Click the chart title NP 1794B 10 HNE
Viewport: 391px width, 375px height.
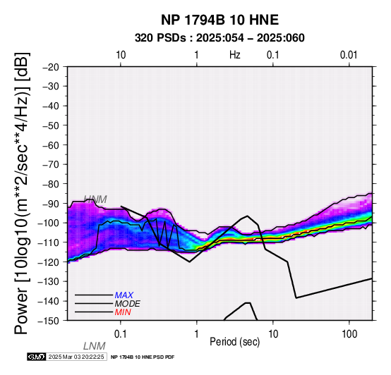(x=219, y=20)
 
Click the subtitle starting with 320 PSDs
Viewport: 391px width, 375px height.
(x=219, y=38)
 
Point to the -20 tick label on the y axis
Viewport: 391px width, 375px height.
(x=51, y=67)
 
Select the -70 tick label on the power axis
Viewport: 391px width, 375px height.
(x=51, y=164)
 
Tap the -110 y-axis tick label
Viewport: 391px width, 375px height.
(x=49, y=242)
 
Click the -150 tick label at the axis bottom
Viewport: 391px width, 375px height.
(x=49, y=321)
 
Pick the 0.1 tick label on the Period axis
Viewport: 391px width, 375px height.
(x=121, y=334)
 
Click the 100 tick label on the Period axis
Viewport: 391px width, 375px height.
(x=349, y=334)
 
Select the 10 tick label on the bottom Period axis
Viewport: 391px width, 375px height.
(x=273, y=334)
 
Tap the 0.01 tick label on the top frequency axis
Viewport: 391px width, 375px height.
(x=349, y=55)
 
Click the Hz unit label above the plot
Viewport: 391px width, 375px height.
(x=235, y=55)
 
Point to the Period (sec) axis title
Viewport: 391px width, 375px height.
(x=235, y=342)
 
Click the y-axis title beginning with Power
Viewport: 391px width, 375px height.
(x=22, y=193)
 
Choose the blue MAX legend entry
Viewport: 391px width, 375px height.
(x=124, y=295)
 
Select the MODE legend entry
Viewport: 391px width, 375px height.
(x=128, y=304)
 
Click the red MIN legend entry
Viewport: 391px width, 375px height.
(x=123, y=312)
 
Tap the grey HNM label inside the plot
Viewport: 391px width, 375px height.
(x=95, y=199)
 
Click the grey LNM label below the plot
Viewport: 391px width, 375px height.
(x=95, y=346)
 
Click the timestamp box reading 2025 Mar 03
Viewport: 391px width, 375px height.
(x=76, y=357)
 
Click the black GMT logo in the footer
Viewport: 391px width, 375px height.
(x=37, y=357)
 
